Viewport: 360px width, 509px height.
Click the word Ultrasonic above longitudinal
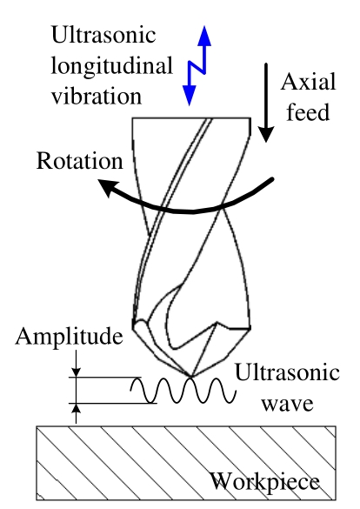tap(103, 35)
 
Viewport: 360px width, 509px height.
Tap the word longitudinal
tap(112, 67)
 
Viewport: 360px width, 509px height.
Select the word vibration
tap(97, 96)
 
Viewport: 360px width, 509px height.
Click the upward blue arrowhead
tap(204, 36)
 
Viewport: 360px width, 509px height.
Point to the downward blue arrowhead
tap(189, 96)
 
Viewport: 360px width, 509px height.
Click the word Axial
tap(309, 82)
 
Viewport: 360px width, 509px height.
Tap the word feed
tap(308, 111)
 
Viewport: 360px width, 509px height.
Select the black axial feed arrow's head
tap(266, 134)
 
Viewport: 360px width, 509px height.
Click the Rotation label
tap(80, 160)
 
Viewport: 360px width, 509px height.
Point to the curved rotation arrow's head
tap(108, 187)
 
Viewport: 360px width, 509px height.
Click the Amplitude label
tap(69, 337)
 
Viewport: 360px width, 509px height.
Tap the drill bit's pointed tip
tap(191, 377)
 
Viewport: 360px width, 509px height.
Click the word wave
tap(287, 404)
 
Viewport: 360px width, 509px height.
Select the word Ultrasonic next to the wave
tap(287, 372)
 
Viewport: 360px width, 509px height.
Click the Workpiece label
tap(265, 481)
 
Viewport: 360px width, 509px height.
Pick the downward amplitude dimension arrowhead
tap(76, 372)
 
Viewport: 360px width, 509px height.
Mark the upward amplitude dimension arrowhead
tap(76, 409)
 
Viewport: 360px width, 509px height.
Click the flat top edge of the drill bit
tap(191, 118)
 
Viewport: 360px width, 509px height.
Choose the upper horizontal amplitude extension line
tap(105, 378)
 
